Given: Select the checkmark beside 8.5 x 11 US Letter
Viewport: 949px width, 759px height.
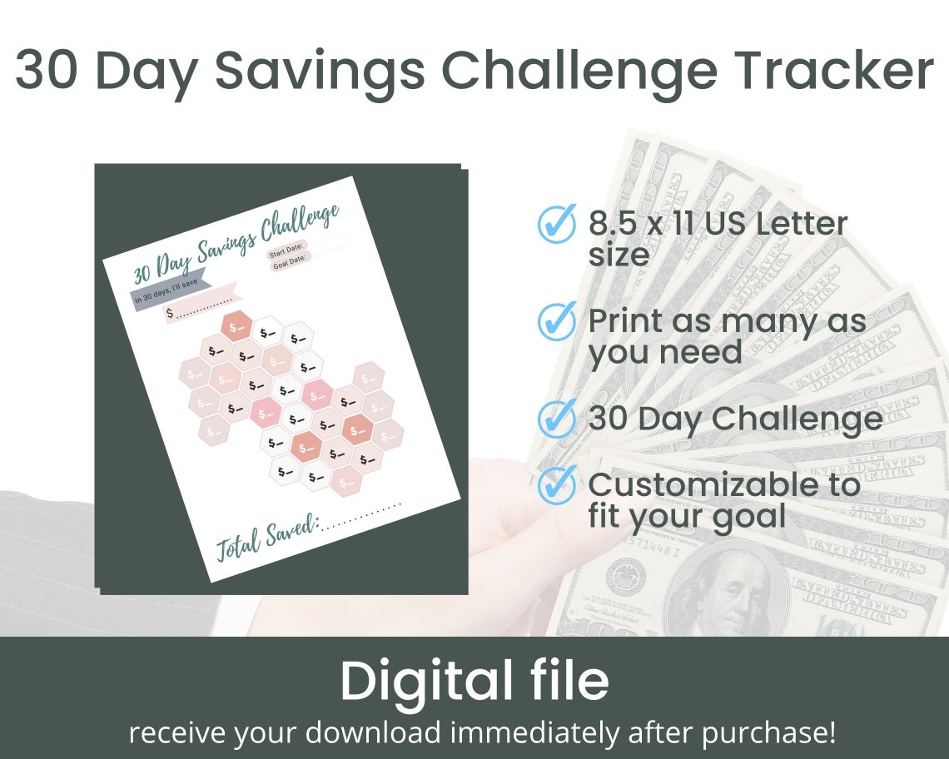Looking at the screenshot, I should click(x=557, y=223).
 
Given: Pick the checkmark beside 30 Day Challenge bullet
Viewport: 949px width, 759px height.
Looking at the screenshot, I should click(x=557, y=418).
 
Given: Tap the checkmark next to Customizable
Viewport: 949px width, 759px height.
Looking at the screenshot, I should click(x=557, y=484).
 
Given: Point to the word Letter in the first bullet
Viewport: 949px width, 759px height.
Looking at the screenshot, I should click(x=807, y=223).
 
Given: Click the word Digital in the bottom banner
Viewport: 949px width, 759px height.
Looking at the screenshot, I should click(x=425, y=682).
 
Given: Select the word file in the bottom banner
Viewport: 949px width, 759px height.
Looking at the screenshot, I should click(x=566, y=682).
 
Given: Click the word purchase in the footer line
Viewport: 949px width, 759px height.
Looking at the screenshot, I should click(x=767, y=733).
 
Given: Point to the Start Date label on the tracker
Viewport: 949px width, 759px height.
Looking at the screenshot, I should click(x=285, y=251).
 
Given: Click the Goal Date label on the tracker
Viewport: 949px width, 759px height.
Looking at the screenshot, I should click(x=291, y=263).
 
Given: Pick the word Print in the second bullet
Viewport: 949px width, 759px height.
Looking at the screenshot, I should click(x=625, y=320).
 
